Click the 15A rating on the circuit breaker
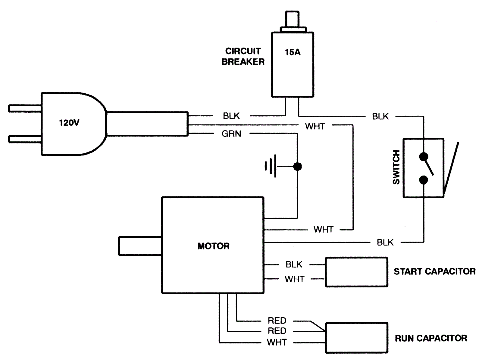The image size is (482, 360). (293, 52)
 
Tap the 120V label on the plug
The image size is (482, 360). (69, 123)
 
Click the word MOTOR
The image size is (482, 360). (213, 246)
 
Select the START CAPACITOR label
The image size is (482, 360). (434, 271)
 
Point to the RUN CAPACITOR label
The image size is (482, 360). (431, 338)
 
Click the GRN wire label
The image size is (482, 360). (231, 134)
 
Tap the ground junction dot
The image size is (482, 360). (297, 166)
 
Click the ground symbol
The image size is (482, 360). (271, 166)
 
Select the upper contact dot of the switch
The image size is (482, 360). (424, 157)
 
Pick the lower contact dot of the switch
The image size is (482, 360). (424, 180)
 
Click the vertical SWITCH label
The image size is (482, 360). (396, 167)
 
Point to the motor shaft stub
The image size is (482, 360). (140, 246)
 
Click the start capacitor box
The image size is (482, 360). (356, 272)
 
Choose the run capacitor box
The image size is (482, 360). (356, 338)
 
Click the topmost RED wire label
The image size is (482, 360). (277, 321)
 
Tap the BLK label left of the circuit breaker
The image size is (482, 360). (231, 116)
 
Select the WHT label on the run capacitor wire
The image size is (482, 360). (277, 343)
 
